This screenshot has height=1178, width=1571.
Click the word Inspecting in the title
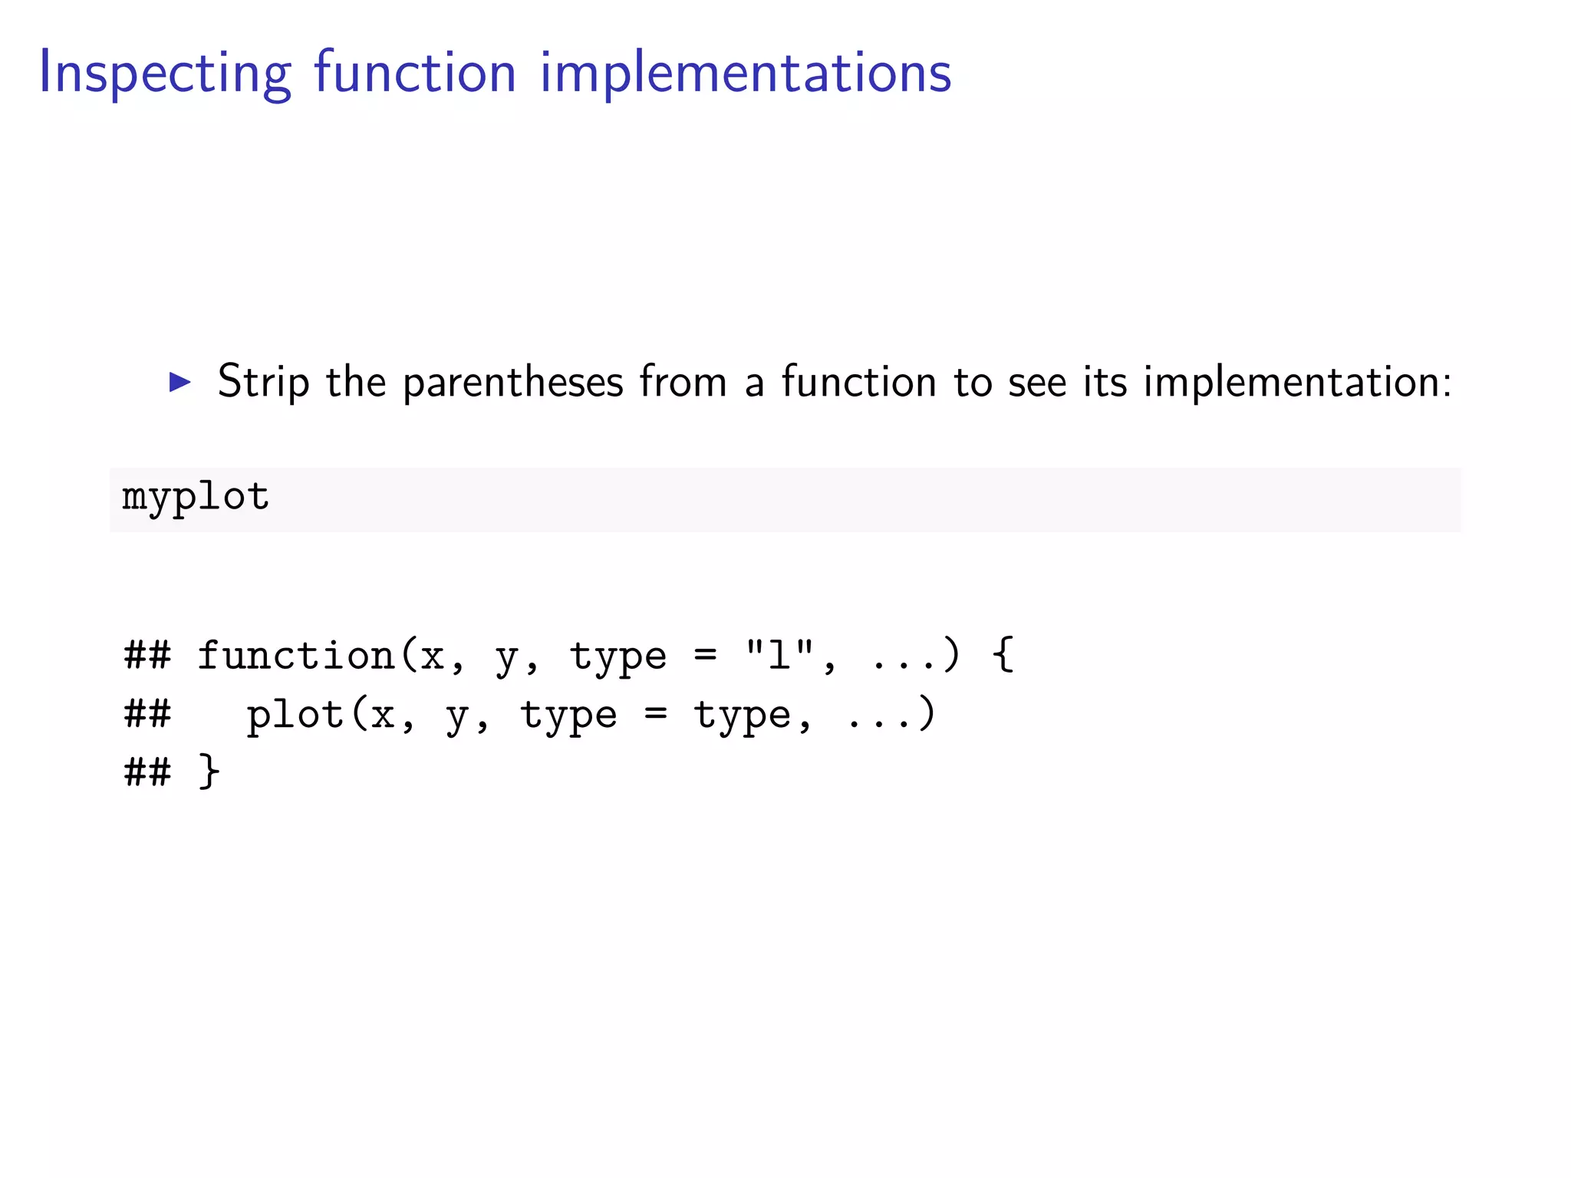coord(165,73)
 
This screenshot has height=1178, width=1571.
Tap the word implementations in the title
coord(746,73)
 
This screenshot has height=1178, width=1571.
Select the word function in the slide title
coord(415,73)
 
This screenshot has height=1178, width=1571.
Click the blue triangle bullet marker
coord(179,381)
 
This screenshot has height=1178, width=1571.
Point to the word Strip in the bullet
coord(263,381)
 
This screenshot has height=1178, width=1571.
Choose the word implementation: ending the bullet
coord(1297,381)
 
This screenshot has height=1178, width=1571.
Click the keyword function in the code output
coord(295,656)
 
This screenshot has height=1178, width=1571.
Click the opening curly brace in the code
coord(1003,656)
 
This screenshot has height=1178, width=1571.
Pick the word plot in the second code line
coord(295,715)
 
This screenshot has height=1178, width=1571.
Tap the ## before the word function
coord(147,656)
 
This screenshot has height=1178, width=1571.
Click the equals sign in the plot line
coord(655,715)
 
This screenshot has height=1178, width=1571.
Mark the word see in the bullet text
coord(1036,381)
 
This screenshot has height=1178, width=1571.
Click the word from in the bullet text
coord(683,381)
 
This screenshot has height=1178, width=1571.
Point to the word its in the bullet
coord(1105,381)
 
